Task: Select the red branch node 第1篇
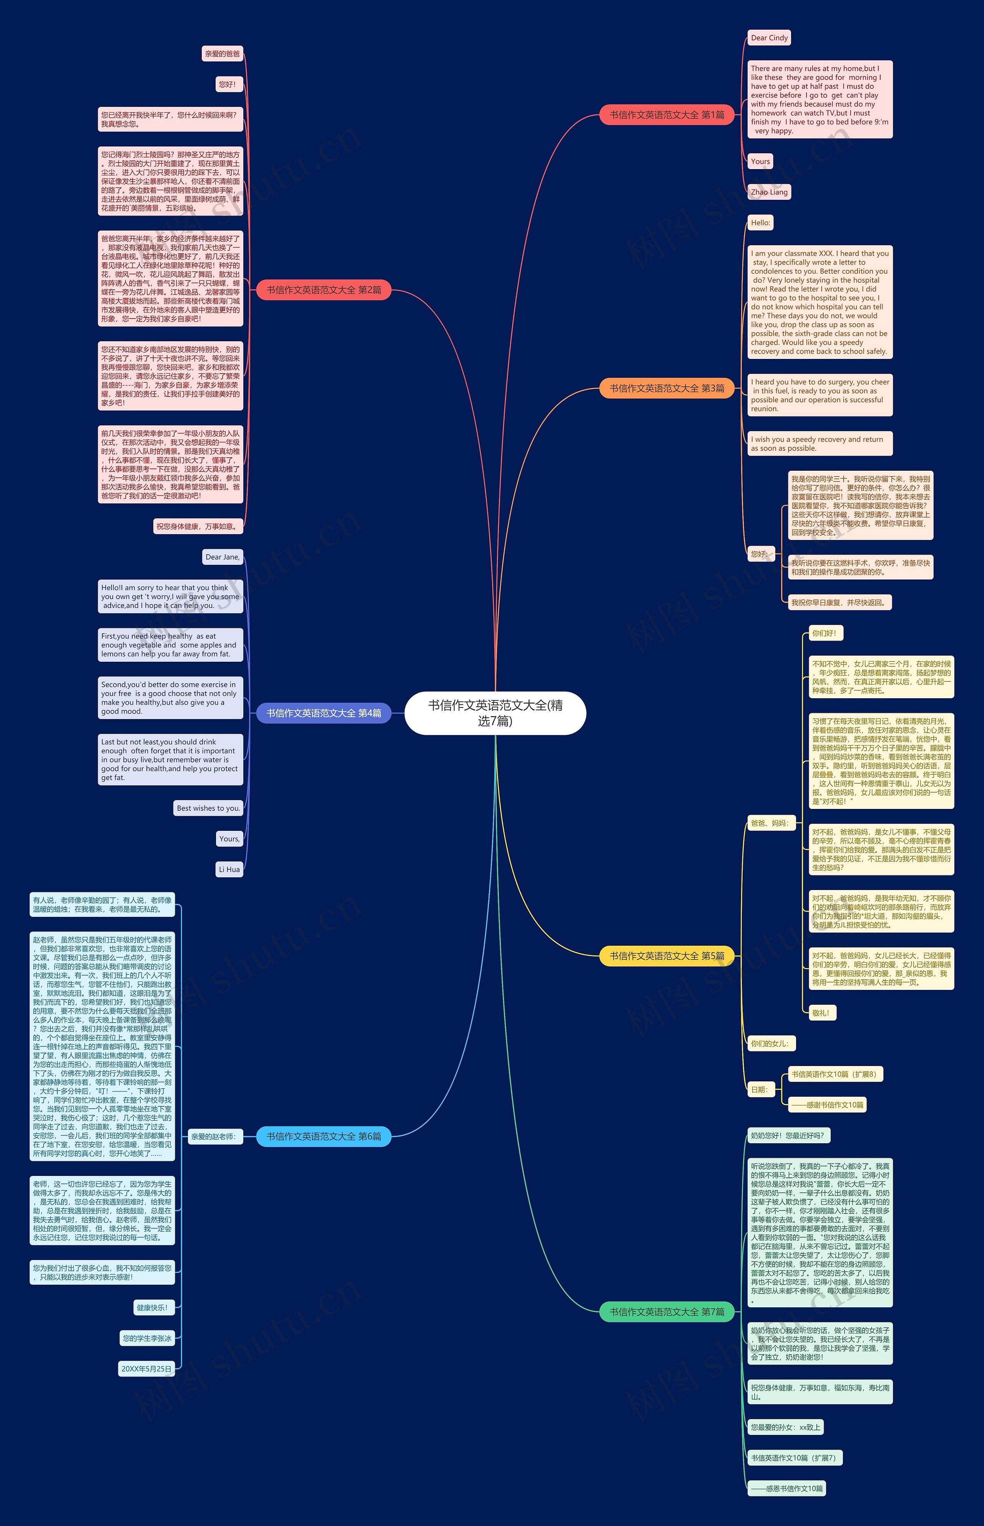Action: click(x=667, y=115)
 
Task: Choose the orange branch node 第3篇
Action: click(x=667, y=389)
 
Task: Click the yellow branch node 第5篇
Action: click(x=667, y=956)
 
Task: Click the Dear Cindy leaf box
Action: click(x=769, y=38)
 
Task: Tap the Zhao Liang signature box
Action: click(x=769, y=192)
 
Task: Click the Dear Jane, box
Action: click(x=222, y=557)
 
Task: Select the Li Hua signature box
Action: click(x=229, y=869)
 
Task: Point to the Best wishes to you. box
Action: click(x=208, y=808)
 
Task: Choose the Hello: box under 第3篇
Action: click(x=760, y=223)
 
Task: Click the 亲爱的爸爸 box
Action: click(x=222, y=54)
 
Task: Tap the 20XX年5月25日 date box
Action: click(x=146, y=1369)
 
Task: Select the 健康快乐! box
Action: click(x=152, y=1308)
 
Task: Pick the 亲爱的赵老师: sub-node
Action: click(x=213, y=1136)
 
